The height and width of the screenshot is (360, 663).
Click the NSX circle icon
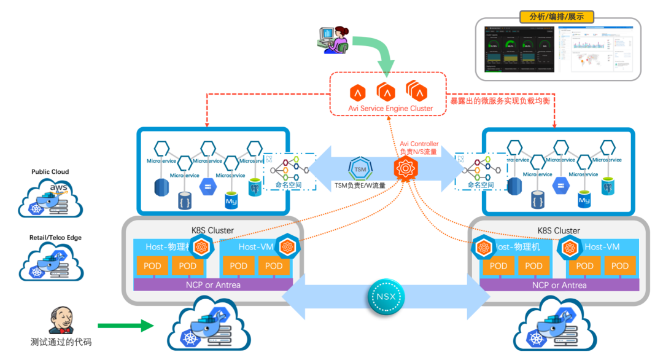point(386,297)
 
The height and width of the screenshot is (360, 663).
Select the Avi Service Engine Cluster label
point(390,108)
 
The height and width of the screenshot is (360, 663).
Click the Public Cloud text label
point(50,172)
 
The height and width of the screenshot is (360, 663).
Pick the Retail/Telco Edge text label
point(55,238)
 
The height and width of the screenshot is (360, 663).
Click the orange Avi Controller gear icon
point(406,168)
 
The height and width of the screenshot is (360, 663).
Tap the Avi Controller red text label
point(419,147)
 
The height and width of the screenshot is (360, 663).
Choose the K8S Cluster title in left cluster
point(212,230)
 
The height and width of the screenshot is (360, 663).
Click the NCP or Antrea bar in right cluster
point(559,285)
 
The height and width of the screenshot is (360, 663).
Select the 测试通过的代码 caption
point(61,342)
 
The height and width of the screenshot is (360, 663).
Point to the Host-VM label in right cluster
point(602,247)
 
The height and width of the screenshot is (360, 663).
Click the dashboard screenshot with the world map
point(595,49)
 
